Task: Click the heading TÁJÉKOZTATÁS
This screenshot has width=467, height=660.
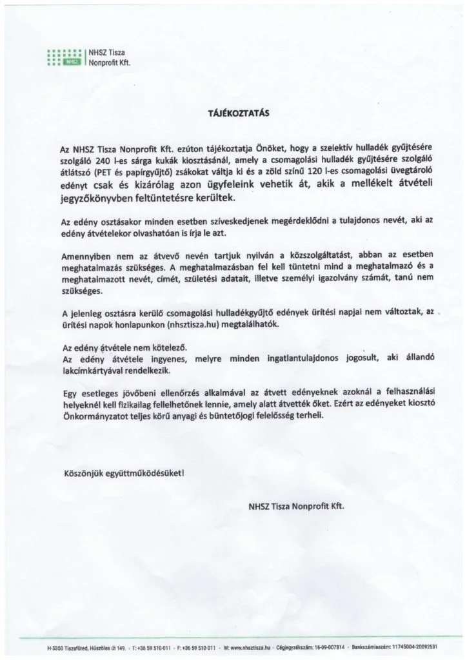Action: click(x=234, y=111)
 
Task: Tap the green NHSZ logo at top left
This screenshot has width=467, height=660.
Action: click(x=63, y=58)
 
